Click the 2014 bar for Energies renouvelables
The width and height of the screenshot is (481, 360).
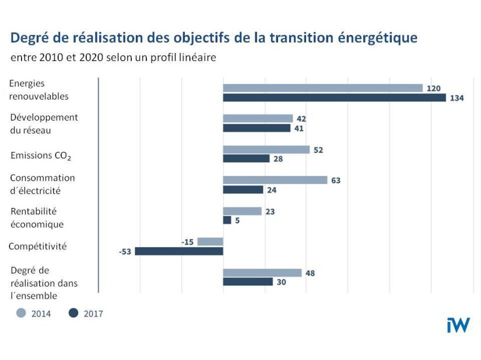[322, 88]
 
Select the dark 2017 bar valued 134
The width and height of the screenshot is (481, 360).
[334, 98]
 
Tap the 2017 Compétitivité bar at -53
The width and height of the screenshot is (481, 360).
[179, 251]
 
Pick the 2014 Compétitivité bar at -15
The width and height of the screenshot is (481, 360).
[210, 241]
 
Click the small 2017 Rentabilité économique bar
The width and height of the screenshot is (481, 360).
[227, 220]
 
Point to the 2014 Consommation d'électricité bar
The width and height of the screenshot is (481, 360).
[275, 180]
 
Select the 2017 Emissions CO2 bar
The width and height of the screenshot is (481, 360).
[246, 158]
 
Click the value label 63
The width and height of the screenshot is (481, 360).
[336, 181]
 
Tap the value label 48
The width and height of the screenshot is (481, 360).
[310, 273]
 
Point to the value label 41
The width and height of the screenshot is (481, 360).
[299, 128]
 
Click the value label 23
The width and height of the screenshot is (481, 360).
[270, 211]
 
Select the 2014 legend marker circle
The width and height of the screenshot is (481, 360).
[21, 313]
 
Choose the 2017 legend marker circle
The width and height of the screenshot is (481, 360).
[73, 313]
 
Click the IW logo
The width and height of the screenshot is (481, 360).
[458, 325]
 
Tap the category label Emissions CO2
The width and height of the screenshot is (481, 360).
[41, 156]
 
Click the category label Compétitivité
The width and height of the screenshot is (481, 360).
[37, 246]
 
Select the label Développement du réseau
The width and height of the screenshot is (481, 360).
[44, 123]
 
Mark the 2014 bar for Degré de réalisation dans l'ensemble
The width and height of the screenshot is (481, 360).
[262, 273]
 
